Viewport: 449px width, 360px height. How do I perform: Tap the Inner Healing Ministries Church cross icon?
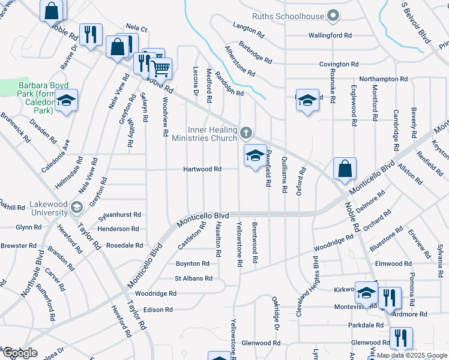(x=246, y=133)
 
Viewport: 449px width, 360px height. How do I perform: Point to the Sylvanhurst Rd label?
(x=120, y=214)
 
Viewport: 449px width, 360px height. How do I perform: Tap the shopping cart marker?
(x=161, y=69)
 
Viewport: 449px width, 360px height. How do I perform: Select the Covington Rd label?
(x=339, y=64)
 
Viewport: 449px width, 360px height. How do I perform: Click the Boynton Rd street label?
(x=192, y=263)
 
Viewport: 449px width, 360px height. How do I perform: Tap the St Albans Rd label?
(x=193, y=278)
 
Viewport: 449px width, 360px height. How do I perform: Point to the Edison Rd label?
(x=158, y=310)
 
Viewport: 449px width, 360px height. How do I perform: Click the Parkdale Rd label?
(x=366, y=325)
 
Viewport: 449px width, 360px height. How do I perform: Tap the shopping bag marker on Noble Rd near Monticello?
(x=345, y=170)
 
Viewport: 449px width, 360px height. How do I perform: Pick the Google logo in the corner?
(x=20, y=353)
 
